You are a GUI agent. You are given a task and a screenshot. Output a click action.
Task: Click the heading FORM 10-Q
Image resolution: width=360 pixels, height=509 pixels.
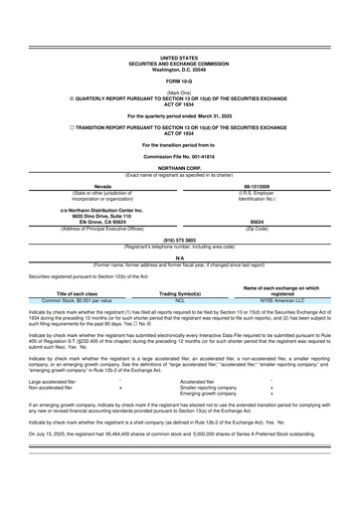(180, 81)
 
